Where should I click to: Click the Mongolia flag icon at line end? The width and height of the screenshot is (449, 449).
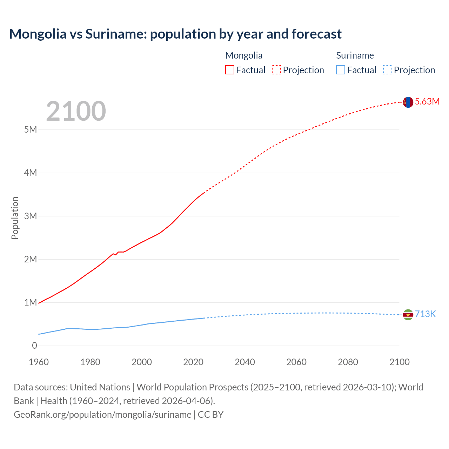[408, 102]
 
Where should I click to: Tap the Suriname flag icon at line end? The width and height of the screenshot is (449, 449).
[408, 315]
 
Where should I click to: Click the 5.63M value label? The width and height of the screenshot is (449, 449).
[427, 102]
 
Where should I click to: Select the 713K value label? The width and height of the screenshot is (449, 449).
[425, 314]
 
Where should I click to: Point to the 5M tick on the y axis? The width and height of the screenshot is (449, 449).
[31, 129]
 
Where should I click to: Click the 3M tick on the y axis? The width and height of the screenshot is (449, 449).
[31, 216]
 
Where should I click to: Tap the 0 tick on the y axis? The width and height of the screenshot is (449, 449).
[34, 346]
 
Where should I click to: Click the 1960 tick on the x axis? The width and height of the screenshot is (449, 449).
[39, 362]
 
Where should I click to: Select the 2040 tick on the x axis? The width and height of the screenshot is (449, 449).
[245, 362]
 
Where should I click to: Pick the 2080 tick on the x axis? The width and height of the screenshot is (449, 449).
[348, 362]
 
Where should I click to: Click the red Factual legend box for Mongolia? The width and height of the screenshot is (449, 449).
[230, 70]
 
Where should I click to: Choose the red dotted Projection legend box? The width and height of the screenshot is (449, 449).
[276, 70]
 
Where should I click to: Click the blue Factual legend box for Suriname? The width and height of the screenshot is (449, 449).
[341, 70]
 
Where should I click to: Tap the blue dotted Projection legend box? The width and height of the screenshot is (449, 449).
[388, 70]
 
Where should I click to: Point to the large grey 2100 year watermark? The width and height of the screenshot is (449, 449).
[76, 111]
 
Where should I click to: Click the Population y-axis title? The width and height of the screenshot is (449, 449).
[15, 218]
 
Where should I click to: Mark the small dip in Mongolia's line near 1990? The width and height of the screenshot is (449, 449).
[116, 254]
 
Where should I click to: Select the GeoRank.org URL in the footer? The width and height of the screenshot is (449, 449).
[102, 415]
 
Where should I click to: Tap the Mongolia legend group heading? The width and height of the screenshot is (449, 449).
[244, 55]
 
